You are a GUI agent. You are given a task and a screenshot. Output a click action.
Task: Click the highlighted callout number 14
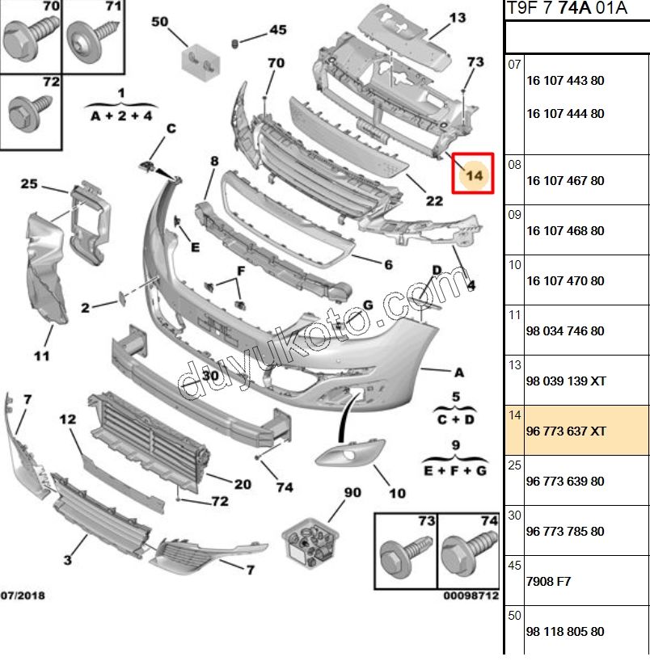tap(475, 175)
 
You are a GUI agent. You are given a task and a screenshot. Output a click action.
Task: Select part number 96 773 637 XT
tap(565, 431)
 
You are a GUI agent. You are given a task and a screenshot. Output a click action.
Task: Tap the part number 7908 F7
tap(548, 582)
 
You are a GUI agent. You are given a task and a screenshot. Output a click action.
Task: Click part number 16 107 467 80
tap(565, 181)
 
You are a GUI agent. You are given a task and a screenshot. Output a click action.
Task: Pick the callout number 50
tap(159, 22)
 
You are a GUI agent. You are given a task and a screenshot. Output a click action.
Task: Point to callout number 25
tap(29, 185)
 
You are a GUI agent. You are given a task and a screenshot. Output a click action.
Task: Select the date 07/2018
tap(23, 596)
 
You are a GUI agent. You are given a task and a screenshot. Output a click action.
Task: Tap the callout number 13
tap(458, 17)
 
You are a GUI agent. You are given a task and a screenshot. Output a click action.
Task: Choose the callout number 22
tap(434, 200)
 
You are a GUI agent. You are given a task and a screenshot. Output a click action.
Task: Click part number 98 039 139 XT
tap(565, 381)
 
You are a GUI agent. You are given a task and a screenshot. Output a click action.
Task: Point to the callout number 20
tap(243, 484)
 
